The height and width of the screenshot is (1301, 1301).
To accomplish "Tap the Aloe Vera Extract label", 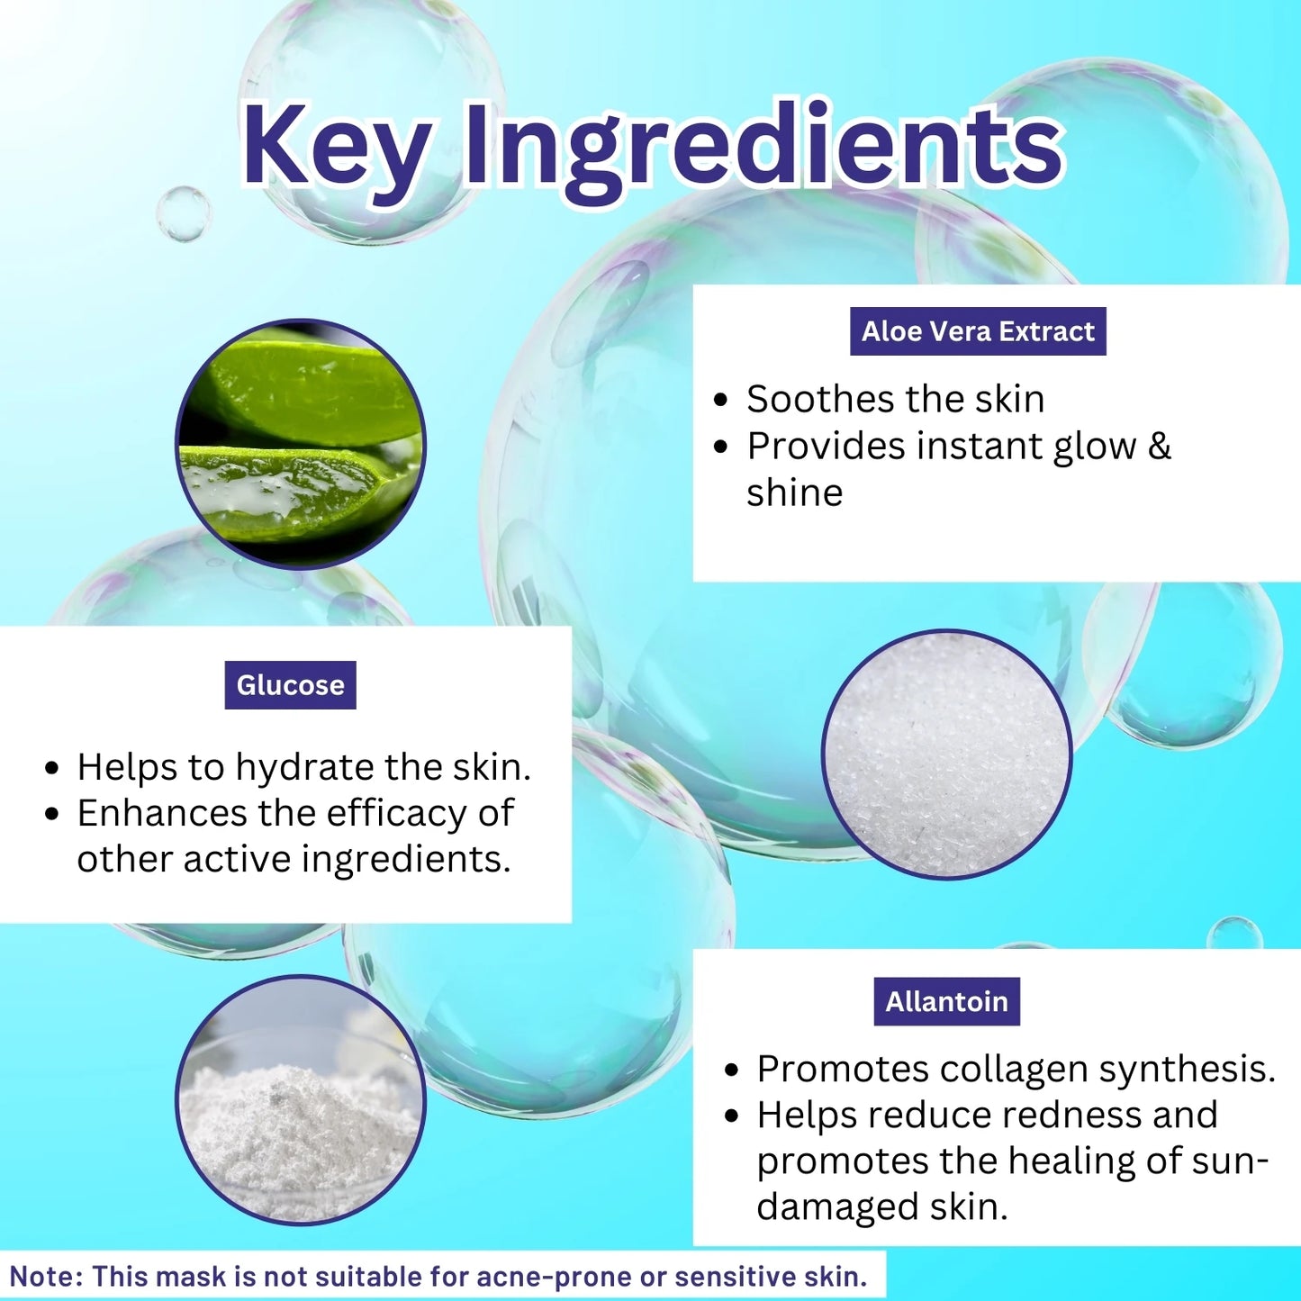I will click(978, 331).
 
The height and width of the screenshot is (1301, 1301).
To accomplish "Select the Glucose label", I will click(290, 685).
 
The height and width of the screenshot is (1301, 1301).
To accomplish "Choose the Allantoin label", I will click(946, 1001).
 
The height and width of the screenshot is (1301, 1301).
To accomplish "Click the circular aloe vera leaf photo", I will click(301, 444).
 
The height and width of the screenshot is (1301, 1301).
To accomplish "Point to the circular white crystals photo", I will click(947, 754).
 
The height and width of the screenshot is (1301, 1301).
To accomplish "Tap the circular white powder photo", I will click(301, 1100).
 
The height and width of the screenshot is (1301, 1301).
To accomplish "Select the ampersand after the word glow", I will click(1160, 446).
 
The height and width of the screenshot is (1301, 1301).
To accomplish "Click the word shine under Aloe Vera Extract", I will click(794, 492).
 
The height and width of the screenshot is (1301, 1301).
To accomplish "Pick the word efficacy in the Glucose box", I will click(393, 813).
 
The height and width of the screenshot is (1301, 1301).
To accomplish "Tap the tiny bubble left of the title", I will click(183, 213).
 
